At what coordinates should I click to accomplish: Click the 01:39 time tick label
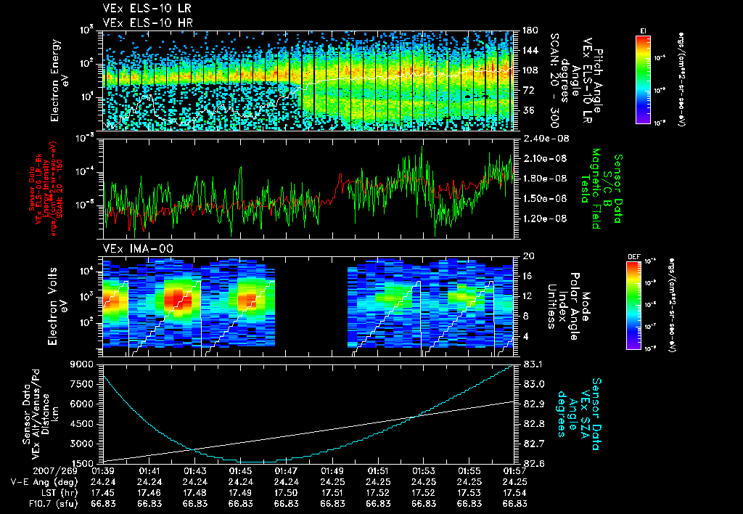[x=104, y=471]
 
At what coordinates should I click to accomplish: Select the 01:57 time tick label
[x=514, y=471]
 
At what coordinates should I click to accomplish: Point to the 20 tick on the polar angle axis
[x=529, y=256]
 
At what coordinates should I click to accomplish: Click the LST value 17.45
[x=104, y=492]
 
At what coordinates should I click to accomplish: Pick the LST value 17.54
[x=514, y=492]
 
